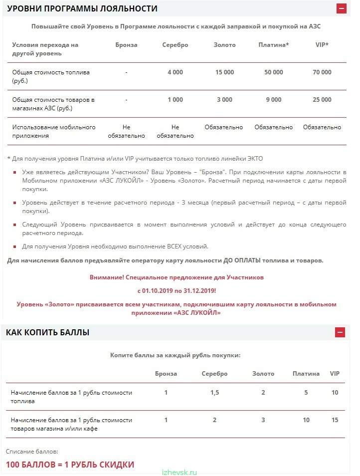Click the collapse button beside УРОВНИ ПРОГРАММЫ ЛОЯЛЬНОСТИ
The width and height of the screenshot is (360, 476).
[x=341, y=8]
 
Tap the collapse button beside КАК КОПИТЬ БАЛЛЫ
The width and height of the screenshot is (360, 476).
[x=340, y=332]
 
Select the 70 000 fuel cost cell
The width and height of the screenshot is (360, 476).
[x=322, y=72]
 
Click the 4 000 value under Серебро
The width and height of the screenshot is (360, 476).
[x=175, y=72]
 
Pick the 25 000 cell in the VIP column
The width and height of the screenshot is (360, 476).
[x=322, y=100]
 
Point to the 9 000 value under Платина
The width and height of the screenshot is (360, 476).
[x=274, y=100]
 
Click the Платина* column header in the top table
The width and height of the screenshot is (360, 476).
[x=274, y=45]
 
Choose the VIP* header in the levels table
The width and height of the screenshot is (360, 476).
[x=322, y=45]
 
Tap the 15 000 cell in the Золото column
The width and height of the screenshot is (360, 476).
[x=224, y=72]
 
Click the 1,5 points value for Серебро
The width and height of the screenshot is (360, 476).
[x=214, y=393]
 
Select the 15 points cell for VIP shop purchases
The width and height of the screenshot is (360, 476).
[x=335, y=420]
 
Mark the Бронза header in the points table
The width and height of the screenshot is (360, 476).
[x=166, y=374]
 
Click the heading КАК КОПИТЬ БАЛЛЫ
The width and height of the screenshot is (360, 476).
[x=48, y=332]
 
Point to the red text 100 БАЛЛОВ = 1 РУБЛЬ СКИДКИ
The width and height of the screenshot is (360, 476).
[x=70, y=465]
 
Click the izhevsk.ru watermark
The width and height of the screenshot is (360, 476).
[x=180, y=472]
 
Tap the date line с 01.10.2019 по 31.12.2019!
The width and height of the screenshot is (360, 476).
[x=177, y=290]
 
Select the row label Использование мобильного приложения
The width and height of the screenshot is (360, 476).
[x=54, y=131]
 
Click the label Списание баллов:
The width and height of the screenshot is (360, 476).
[x=32, y=451]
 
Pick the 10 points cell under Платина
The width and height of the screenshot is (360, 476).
[x=306, y=420]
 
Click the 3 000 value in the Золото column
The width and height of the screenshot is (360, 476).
[x=224, y=100]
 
